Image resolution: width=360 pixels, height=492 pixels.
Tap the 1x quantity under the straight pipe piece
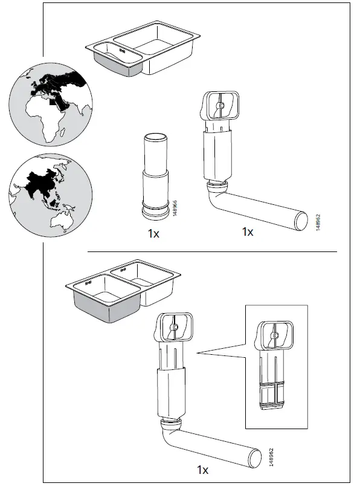153,234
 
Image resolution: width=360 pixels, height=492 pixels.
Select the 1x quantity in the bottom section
202,469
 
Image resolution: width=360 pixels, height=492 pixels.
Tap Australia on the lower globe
60,222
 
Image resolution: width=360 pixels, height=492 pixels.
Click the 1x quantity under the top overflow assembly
247,231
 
